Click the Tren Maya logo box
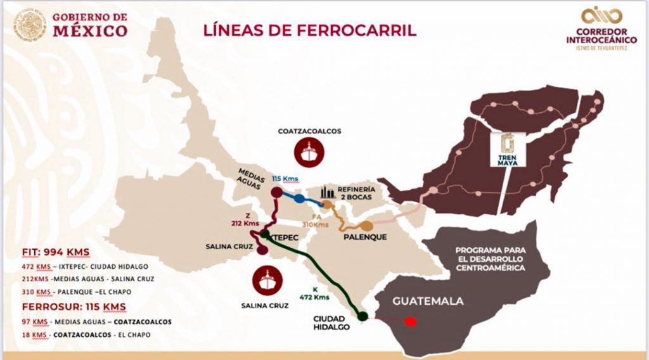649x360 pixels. pyautogui.click(x=508, y=150)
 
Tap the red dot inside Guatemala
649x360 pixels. pyautogui.click(x=411, y=321)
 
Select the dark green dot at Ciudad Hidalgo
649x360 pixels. pyautogui.click(x=363, y=316)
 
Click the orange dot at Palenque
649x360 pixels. pyautogui.click(x=366, y=226)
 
